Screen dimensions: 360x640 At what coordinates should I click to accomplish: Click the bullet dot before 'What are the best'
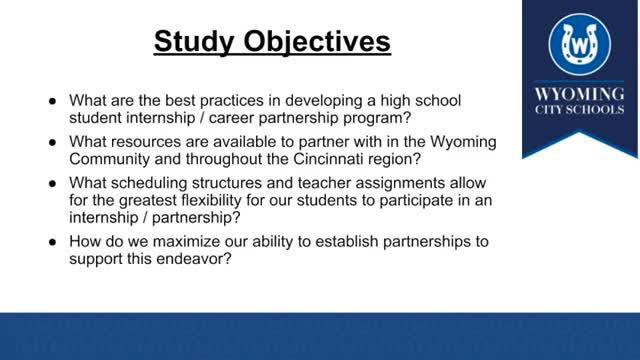tap(53, 102)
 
